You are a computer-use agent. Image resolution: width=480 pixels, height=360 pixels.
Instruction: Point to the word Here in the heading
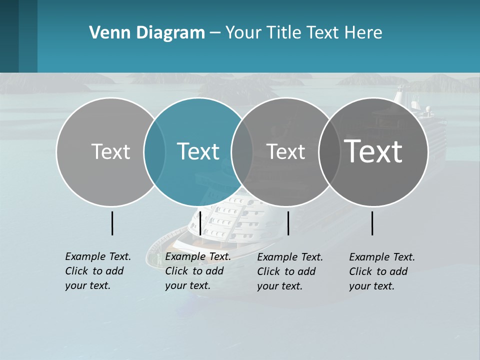pyautogui.click(x=363, y=33)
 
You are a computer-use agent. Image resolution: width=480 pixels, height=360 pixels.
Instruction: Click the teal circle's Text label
pyautogui.click(x=198, y=151)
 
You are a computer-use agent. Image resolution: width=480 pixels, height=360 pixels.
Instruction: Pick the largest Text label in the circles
pyautogui.click(x=373, y=151)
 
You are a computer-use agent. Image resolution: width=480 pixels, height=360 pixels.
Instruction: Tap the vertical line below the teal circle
pyautogui.click(x=200, y=223)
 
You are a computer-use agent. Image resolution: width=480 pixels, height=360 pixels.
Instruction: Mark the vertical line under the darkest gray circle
pyautogui.click(x=372, y=223)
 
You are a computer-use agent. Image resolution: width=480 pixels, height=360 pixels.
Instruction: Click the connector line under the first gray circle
pyautogui.click(x=112, y=223)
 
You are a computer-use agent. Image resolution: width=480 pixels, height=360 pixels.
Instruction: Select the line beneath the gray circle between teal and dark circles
pyautogui.click(x=288, y=223)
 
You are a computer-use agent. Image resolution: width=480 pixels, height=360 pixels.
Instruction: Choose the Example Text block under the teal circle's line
pyautogui.click(x=197, y=270)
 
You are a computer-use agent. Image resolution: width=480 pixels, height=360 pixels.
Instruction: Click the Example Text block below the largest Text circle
pyautogui.click(x=381, y=271)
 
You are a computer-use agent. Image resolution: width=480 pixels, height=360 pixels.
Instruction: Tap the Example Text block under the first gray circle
pyautogui.click(x=97, y=270)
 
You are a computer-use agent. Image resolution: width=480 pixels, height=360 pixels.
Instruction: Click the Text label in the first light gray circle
pyautogui.click(x=110, y=151)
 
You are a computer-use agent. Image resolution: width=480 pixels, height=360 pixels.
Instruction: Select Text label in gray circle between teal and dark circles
pyautogui.click(x=285, y=151)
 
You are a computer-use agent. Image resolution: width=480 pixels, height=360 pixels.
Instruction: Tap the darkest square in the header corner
pyautogui.click(x=9, y=36)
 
